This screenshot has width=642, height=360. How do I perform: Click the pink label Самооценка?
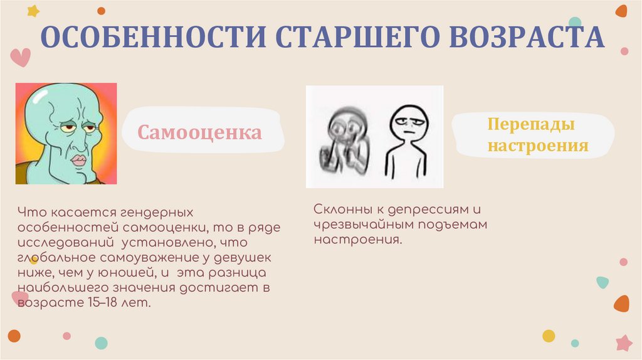[x=200, y=133]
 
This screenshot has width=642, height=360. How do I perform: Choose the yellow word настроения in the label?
[x=538, y=146]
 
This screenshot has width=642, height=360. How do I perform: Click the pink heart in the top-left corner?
[x=21, y=57]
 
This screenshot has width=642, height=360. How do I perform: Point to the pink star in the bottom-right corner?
[x=624, y=342]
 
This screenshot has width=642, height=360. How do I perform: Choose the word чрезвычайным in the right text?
[x=360, y=225]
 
